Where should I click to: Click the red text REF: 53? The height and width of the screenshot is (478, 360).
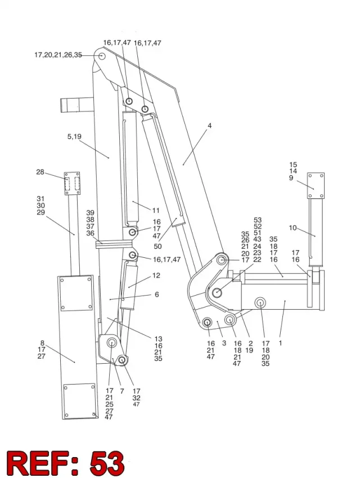[65, 463]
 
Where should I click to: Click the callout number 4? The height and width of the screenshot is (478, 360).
[210, 126]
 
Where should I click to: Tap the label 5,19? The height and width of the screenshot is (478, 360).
[74, 136]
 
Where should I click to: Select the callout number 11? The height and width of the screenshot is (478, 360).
[156, 211]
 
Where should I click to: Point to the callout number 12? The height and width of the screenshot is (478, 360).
[156, 275]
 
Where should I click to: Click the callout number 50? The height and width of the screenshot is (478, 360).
[157, 246]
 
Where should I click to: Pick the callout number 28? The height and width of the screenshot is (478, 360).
[40, 172]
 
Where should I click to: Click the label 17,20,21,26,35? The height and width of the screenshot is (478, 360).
[58, 55]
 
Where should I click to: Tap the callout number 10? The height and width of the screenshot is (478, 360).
[292, 227]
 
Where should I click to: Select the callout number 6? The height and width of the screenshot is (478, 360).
[157, 294]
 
